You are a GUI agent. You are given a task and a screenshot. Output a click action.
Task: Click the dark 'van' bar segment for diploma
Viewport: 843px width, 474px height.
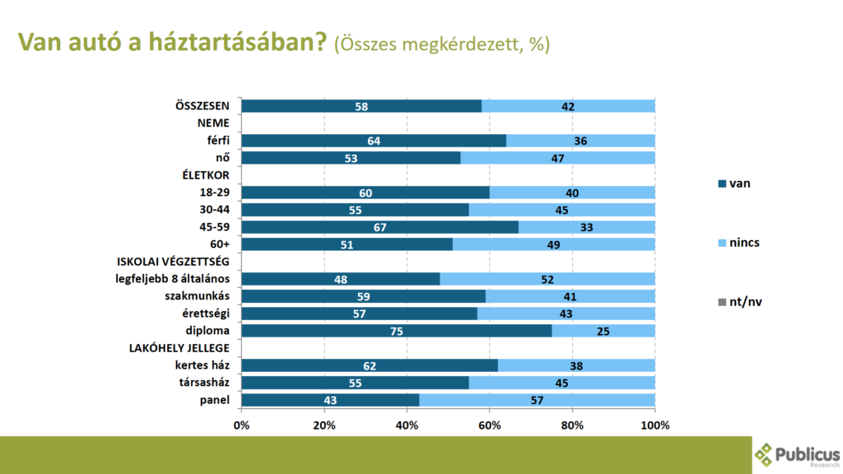[396, 330]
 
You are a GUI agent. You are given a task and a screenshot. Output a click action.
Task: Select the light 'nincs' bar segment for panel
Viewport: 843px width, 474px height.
[537, 400]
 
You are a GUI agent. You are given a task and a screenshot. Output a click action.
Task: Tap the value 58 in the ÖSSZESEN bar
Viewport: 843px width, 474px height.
[361, 106]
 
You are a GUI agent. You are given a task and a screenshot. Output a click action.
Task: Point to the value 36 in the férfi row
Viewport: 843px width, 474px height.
[580, 141]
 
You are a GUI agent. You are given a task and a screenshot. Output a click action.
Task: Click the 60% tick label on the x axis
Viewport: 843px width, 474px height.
[490, 425]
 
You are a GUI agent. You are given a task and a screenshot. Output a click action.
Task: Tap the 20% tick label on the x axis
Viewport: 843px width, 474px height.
[324, 425]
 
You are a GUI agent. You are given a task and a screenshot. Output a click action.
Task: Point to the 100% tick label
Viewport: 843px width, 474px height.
[655, 425]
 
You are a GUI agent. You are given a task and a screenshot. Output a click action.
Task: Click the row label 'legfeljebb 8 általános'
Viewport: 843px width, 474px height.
[171, 278]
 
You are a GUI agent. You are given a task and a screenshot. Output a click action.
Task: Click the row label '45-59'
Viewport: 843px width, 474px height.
[212, 226]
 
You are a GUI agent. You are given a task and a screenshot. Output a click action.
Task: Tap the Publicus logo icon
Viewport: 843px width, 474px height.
[765, 455]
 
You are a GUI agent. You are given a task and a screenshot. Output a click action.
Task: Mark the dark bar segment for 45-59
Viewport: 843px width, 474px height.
[380, 227]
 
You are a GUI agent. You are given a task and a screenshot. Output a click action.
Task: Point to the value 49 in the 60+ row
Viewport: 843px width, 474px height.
[553, 244]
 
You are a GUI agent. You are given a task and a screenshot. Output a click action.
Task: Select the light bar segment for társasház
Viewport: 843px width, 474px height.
[561, 383]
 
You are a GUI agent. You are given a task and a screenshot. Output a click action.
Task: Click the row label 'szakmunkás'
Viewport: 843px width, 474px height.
[198, 295]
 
